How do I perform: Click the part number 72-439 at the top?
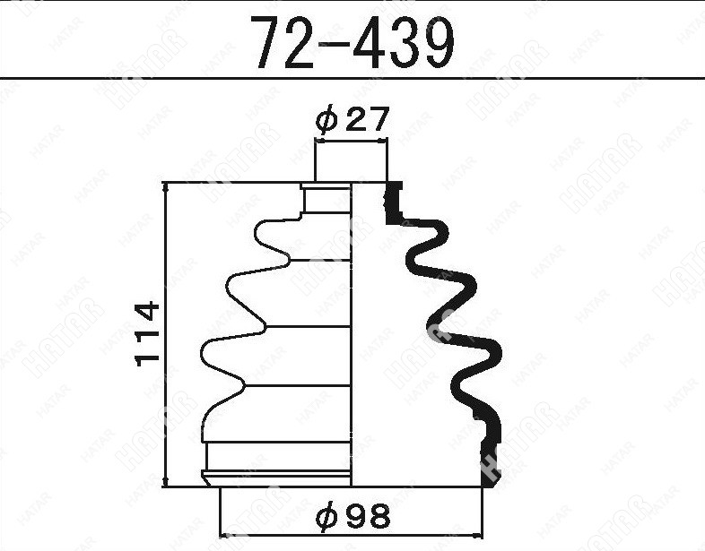coord(353,42)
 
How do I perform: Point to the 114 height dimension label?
coord(147,334)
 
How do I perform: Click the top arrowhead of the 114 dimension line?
coord(166,188)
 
